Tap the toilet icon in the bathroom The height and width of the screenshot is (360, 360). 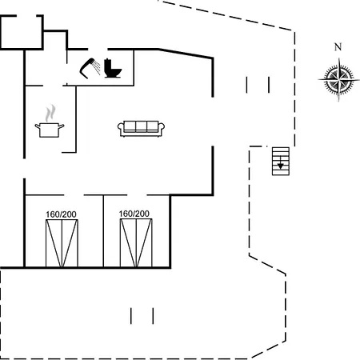point(113,68)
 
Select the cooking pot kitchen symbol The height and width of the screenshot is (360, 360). point(50,130)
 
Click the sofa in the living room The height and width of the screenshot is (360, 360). point(141,129)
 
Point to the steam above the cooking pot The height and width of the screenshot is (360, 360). point(50,113)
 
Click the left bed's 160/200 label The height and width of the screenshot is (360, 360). point(61,214)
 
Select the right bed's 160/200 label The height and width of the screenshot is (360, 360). point(134,214)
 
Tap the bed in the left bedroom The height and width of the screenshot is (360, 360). point(62,243)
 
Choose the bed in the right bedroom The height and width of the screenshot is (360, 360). point(136,242)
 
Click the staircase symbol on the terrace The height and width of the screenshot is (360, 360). point(281,162)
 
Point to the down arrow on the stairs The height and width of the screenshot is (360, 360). point(280,163)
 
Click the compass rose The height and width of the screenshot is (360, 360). point(338,79)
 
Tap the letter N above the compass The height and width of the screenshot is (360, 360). point(338,47)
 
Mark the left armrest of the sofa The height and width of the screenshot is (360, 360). point(121,128)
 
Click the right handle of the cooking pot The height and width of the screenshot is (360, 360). point(62,126)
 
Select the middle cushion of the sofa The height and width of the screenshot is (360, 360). point(141,126)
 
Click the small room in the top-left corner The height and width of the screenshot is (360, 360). point(22,33)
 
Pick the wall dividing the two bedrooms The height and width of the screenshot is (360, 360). point(103,231)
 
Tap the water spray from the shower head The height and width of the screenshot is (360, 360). point(97,68)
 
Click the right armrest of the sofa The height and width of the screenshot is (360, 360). point(162,128)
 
